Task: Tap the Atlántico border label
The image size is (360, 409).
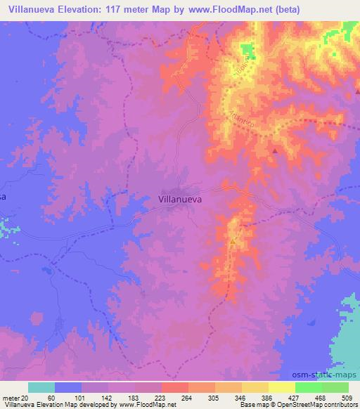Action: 240,115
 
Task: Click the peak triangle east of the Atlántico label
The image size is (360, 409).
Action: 276,150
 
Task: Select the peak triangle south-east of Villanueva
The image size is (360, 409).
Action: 233,241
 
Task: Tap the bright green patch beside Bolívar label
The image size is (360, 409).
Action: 247,50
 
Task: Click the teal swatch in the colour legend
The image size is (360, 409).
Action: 41,387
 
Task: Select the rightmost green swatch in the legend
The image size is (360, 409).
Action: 335,387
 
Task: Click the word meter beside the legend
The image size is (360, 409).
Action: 12,398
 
